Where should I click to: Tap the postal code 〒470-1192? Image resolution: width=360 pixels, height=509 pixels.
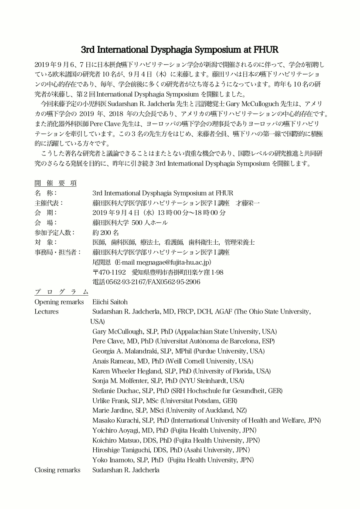point(109,272)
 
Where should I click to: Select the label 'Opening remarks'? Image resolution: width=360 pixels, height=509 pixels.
point(59,302)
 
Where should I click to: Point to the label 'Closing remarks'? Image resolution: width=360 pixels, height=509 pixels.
point(58,470)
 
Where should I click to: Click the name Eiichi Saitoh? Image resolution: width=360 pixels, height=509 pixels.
point(110,302)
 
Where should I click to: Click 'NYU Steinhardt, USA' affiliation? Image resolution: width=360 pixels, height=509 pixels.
point(211,381)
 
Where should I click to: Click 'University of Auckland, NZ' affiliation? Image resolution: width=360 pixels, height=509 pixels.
point(207,410)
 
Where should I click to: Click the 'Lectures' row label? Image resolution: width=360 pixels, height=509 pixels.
point(47,311)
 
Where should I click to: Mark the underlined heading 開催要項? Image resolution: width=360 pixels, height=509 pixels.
point(56,182)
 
